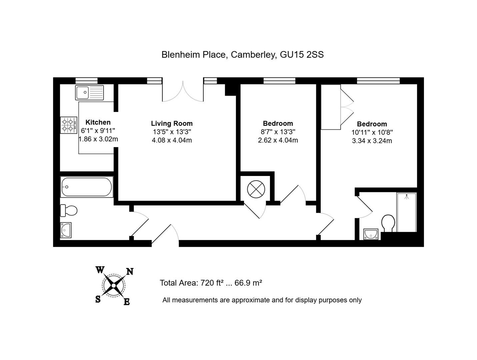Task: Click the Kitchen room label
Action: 98,122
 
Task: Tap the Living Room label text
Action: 172,124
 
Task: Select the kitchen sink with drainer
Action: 90,93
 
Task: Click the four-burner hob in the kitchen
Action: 68,125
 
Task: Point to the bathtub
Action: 87,187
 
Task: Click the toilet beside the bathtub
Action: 69,210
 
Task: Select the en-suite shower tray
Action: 406,212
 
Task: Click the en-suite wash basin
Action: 371,234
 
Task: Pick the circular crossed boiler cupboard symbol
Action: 256,190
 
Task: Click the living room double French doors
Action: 183,92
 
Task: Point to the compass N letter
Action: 130,272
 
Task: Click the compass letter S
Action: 98,299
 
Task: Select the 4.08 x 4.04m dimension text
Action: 172,140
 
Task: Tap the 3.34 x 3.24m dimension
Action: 372,141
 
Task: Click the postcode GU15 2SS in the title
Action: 301,55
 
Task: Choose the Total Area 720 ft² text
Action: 191,283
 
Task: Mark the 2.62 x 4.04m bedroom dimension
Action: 278,140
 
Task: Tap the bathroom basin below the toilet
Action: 66,230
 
